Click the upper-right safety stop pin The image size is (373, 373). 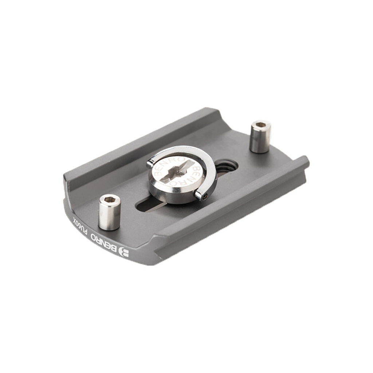click(x=260, y=137)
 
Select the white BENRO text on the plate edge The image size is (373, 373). click(x=105, y=242)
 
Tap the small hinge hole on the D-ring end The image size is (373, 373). click(x=205, y=196)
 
